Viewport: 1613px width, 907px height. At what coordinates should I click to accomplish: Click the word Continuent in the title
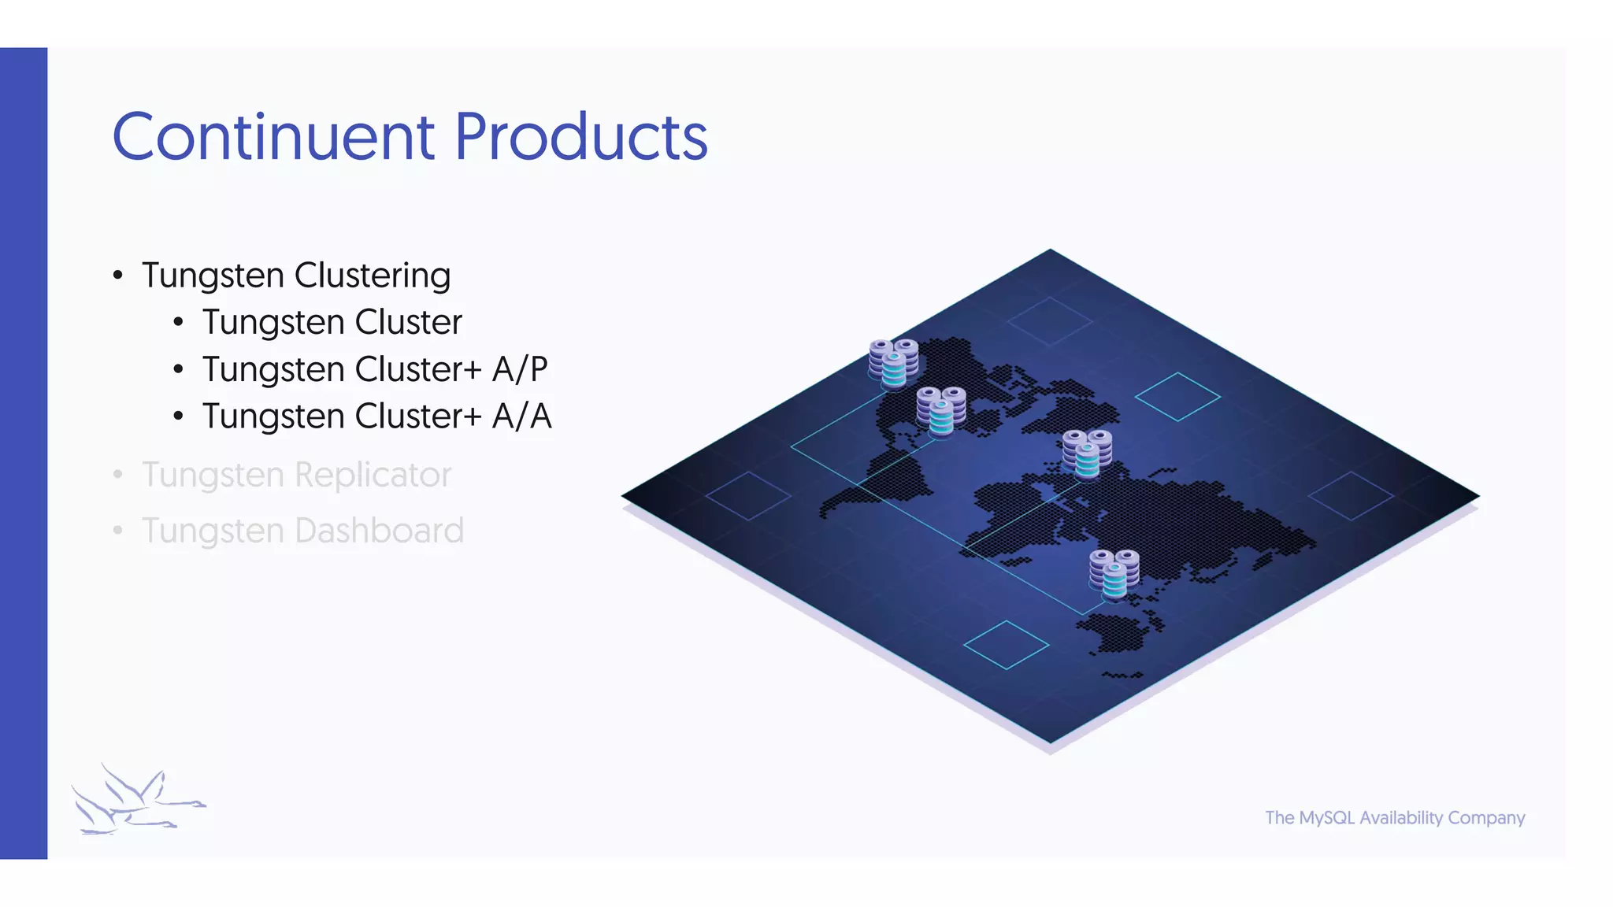[x=273, y=137]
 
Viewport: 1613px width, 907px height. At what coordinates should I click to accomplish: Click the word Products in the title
[x=580, y=137]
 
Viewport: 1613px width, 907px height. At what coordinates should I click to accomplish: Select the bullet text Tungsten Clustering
[x=295, y=276]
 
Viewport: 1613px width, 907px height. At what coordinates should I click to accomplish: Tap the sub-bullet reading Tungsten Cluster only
[x=332, y=322]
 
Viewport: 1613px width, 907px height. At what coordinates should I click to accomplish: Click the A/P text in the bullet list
[x=520, y=369]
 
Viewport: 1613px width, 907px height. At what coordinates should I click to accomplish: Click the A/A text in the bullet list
[x=521, y=416]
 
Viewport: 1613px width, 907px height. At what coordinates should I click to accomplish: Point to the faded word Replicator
[x=373, y=475]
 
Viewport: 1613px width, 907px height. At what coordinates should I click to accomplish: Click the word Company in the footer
[x=1485, y=818]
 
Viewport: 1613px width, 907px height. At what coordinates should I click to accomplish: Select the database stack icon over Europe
[x=1087, y=453]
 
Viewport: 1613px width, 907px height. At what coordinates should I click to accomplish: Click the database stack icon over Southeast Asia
[x=1114, y=573]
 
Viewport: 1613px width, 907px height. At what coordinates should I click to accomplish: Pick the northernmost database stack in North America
[x=893, y=363]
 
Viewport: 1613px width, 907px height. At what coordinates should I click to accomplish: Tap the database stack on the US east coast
[x=941, y=411]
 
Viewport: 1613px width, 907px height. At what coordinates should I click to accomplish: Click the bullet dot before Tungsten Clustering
[x=118, y=276]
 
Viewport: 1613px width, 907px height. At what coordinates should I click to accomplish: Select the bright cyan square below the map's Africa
[x=1006, y=645]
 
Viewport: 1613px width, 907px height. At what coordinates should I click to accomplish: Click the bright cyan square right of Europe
[x=1177, y=397]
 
